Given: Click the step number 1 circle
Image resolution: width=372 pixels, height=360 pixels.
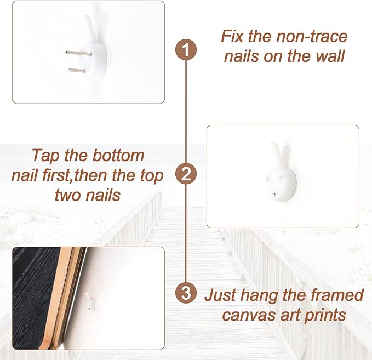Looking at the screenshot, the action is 186,50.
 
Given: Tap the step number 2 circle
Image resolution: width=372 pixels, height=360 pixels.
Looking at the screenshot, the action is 186,174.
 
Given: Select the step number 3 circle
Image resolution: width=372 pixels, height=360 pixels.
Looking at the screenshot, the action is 186,293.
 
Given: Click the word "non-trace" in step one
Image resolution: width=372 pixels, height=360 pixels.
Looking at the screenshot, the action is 312,36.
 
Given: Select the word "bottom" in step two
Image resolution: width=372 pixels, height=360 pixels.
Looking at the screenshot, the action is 118,156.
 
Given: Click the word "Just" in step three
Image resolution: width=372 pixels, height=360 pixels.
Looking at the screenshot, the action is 220,295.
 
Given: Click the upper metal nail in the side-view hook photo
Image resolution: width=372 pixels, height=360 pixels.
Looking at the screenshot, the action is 79,53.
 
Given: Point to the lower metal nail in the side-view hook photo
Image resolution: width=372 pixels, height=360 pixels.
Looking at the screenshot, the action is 77,70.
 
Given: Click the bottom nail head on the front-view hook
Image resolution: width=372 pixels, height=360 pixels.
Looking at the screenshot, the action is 274,195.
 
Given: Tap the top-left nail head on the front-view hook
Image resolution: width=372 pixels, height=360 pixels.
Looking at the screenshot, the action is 267,179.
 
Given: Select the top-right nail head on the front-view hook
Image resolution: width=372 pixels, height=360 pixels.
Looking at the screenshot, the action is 281,178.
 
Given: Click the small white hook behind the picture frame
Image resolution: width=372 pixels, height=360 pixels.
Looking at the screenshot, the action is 90,301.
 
